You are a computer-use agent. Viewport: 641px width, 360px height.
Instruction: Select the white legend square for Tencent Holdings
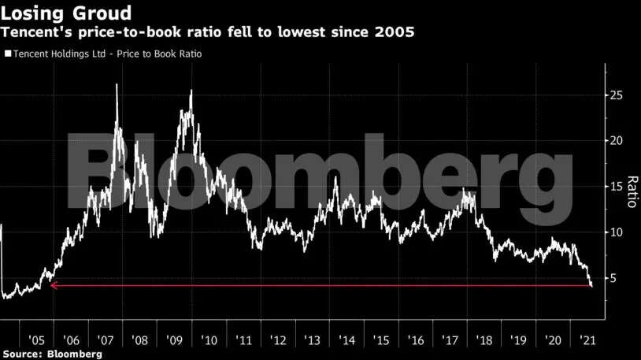click(x=8, y=54)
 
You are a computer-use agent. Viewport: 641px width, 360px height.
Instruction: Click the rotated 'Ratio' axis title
click(x=631, y=191)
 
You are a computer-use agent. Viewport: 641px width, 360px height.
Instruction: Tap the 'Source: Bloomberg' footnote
click(x=51, y=354)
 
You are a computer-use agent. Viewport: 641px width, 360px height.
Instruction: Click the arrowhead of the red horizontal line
click(x=53, y=285)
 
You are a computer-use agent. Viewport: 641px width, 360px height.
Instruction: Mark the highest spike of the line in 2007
click(x=117, y=85)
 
